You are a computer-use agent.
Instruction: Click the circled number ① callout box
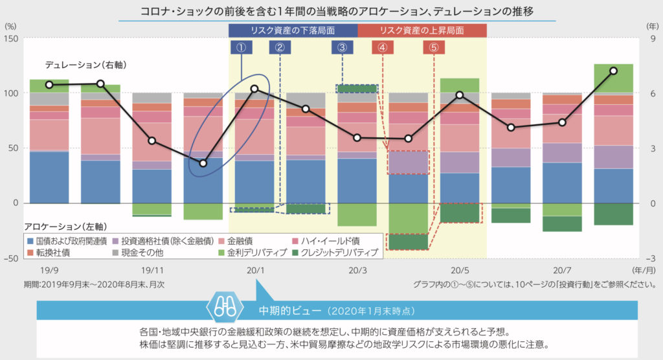(x=241, y=47)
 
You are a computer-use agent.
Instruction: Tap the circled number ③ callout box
(x=342, y=47)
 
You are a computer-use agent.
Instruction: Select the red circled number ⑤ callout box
(x=433, y=47)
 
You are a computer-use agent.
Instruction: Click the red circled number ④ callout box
(x=383, y=47)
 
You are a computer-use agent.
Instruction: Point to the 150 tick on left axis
(x=12, y=38)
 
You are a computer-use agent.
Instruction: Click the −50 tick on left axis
(x=12, y=258)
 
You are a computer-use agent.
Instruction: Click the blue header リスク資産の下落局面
(x=293, y=30)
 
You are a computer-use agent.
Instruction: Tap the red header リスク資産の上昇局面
(x=422, y=30)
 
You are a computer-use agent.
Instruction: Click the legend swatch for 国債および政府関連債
(x=30, y=241)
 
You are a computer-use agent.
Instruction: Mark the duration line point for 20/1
(x=254, y=89)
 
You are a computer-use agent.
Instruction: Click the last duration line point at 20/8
(x=613, y=71)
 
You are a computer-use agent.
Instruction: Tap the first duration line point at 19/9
(x=49, y=85)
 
